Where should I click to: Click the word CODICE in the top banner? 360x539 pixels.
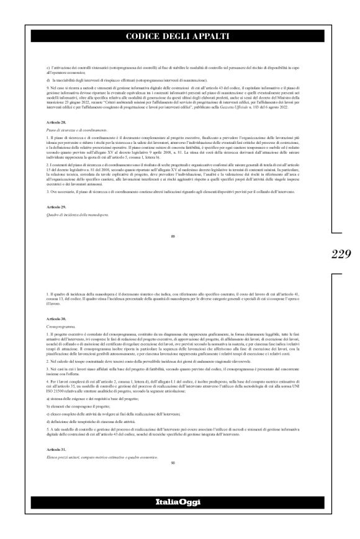(x=145, y=37)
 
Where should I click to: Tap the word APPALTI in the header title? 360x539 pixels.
(x=210, y=37)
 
